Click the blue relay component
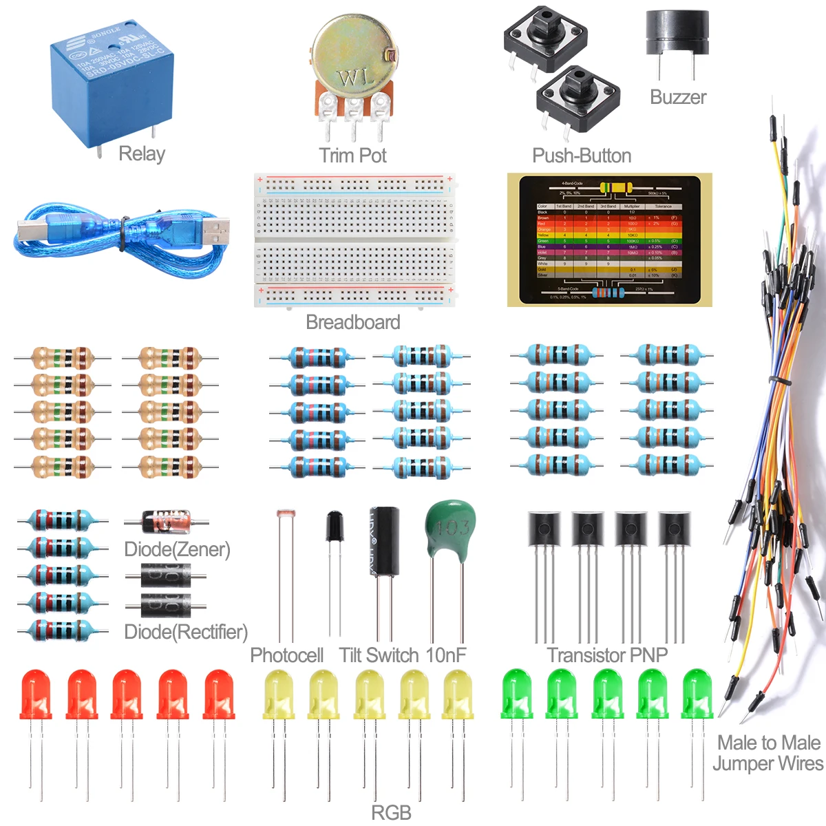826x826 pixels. (x=110, y=83)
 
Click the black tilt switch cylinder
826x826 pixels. (x=384, y=541)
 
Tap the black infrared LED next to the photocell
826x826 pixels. (x=335, y=527)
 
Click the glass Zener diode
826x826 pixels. (x=166, y=522)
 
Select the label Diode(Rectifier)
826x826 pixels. (x=186, y=632)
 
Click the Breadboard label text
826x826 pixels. (x=352, y=322)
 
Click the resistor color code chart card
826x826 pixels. (x=609, y=240)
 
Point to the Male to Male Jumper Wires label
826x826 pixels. (x=767, y=753)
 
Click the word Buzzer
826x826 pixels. (x=678, y=97)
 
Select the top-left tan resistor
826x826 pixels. (x=62, y=358)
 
